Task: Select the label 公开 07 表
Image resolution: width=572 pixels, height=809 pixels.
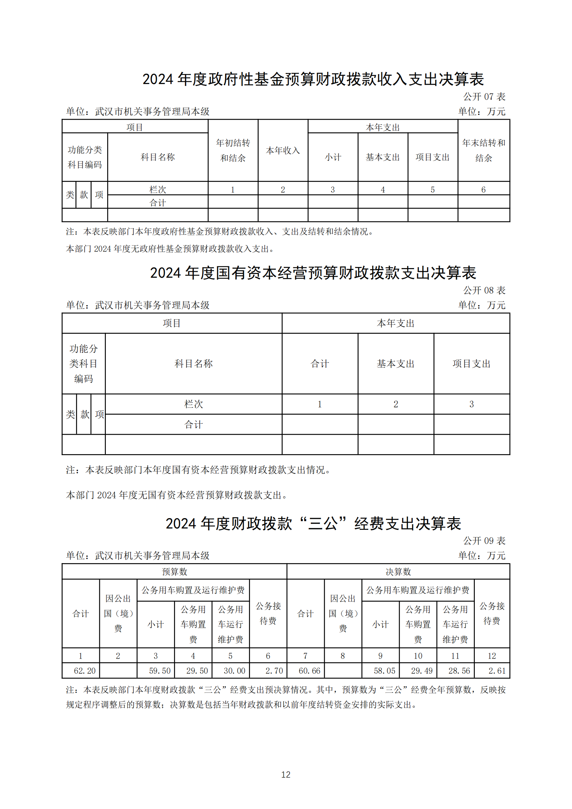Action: [484, 96]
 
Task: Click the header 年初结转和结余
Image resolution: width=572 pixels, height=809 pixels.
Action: [233, 150]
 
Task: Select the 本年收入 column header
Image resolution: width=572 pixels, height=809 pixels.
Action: [283, 150]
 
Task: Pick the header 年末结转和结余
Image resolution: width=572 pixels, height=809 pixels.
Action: [483, 150]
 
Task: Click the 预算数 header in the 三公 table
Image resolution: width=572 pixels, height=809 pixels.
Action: [174, 571]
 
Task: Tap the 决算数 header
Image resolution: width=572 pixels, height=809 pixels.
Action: [398, 571]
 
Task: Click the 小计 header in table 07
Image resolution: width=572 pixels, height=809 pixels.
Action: [333, 157]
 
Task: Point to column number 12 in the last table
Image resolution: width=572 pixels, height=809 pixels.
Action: [492, 656]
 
